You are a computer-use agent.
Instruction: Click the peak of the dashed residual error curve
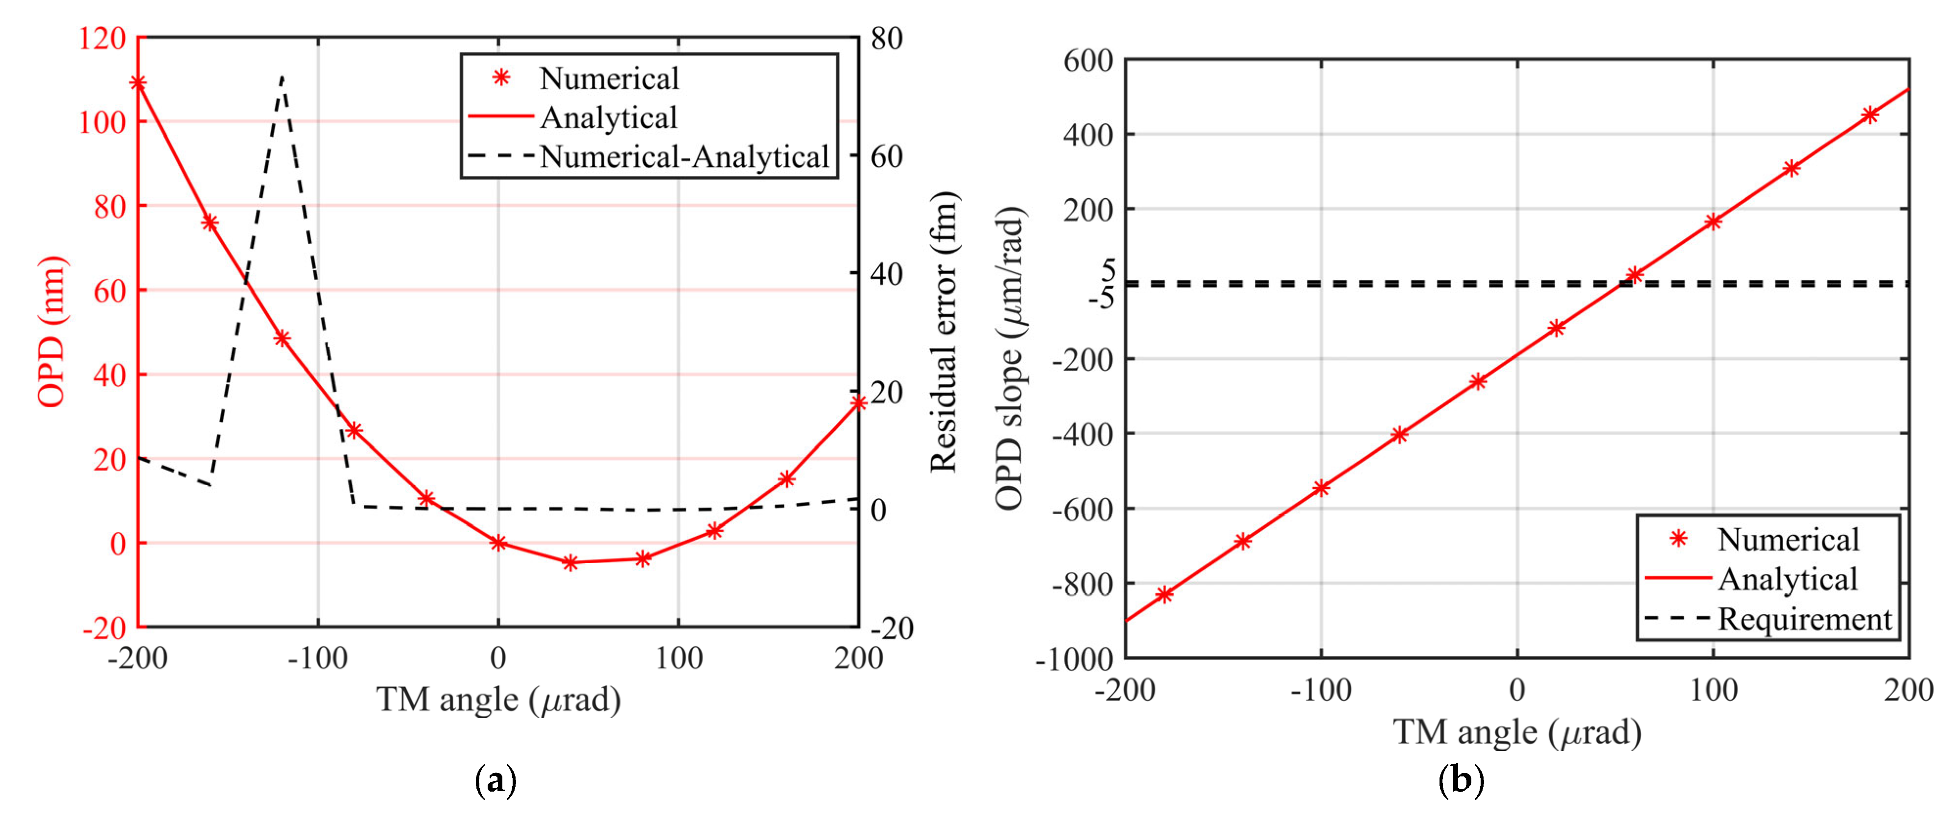pyautogui.click(x=282, y=77)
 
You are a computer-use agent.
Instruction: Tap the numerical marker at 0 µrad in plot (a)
pyautogui.click(x=498, y=542)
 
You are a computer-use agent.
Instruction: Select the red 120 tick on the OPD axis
pyautogui.click(x=102, y=38)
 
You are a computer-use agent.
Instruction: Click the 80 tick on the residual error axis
pyautogui.click(x=886, y=38)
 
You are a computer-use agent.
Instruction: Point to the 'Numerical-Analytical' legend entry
pyautogui.click(x=683, y=157)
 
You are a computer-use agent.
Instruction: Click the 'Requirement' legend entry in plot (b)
pyautogui.click(x=1804, y=618)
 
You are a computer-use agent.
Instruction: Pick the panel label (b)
pyautogui.click(x=1461, y=780)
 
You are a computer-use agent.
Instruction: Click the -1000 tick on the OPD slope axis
pyautogui.click(x=1074, y=659)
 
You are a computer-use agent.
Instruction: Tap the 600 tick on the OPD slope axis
pyautogui.click(x=1087, y=60)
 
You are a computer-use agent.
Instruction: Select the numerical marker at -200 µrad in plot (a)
pyautogui.click(x=139, y=83)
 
